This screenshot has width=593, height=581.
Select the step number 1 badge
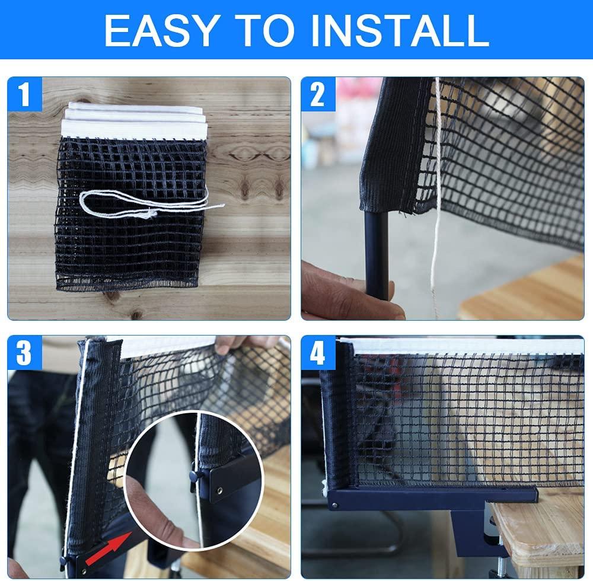click(25, 95)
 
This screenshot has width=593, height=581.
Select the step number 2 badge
click(318, 95)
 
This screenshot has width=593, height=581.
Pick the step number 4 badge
click(318, 354)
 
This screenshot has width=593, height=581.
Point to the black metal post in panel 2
click(377, 255)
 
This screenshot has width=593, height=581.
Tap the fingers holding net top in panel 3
click(243, 344)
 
